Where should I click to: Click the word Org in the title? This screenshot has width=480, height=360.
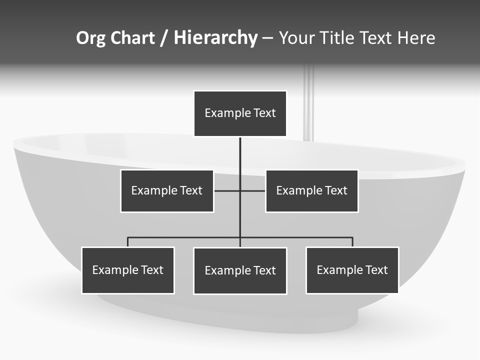click(x=91, y=38)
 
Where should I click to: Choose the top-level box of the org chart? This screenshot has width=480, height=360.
click(x=240, y=113)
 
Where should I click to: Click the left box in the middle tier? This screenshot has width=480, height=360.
click(x=167, y=191)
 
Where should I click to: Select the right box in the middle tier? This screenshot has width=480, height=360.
click(x=311, y=191)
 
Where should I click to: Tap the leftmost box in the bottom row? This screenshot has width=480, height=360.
click(x=128, y=270)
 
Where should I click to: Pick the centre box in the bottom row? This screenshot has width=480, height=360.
click(x=240, y=271)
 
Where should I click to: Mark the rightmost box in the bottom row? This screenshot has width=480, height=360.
click(x=352, y=270)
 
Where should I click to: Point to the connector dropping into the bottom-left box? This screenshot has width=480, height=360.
click(x=128, y=242)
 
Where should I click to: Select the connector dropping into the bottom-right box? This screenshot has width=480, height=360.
click(x=352, y=242)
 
